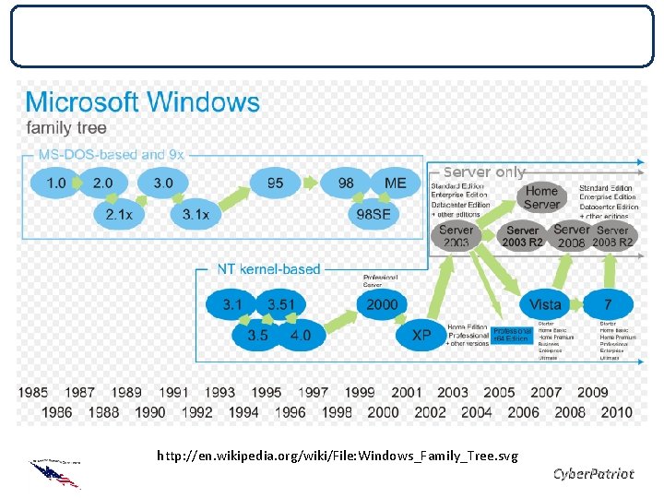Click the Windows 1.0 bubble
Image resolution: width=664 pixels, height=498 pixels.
(x=56, y=183)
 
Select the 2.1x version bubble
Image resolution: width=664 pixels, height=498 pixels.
(x=119, y=215)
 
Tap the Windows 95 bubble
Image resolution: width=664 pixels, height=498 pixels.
(x=275, y=183)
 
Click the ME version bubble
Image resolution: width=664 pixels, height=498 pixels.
(x=395, y=183)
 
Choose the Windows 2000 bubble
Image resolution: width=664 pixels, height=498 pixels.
(x=382, y=303)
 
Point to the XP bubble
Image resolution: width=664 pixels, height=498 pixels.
(x=421, y=336)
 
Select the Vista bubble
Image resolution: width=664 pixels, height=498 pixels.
(x=545, y=303)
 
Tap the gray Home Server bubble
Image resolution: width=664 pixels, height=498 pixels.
(x=541, y=197)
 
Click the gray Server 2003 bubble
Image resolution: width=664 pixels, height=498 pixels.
(x=456, y=236)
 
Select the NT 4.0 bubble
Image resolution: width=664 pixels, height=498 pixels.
(x=301, y=335)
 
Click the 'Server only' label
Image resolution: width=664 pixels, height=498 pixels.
(x=484, y=172)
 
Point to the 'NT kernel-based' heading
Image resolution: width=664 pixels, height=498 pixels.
(x=268, y=269)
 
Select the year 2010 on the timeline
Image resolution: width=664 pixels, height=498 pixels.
(x=616, y=412)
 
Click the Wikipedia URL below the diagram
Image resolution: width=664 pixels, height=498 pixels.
(x=338, y=456)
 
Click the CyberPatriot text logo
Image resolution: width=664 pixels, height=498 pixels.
(x=593, y=474)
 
